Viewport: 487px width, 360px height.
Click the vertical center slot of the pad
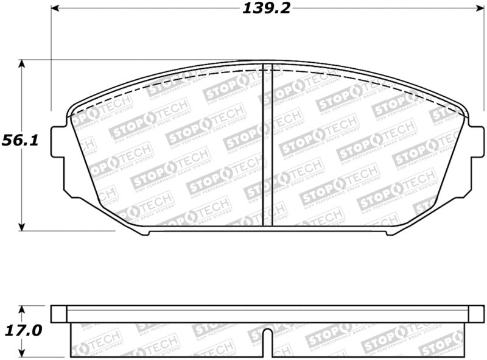click(267, 145)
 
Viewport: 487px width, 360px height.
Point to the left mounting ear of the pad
click(58, 141)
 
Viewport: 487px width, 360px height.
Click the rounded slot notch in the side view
click(267, 336)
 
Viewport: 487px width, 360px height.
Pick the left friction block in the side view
click(167, 340)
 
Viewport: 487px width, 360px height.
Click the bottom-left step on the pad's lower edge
click(145, 232)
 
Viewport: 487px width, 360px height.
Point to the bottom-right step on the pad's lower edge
click(389, 232)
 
